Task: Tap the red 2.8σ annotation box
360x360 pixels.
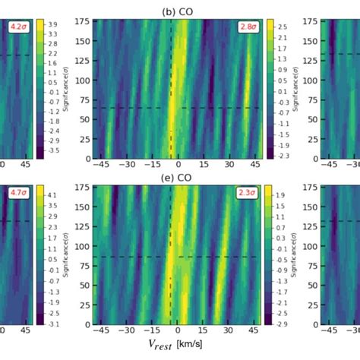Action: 248,27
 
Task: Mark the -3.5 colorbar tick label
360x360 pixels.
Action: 51,152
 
